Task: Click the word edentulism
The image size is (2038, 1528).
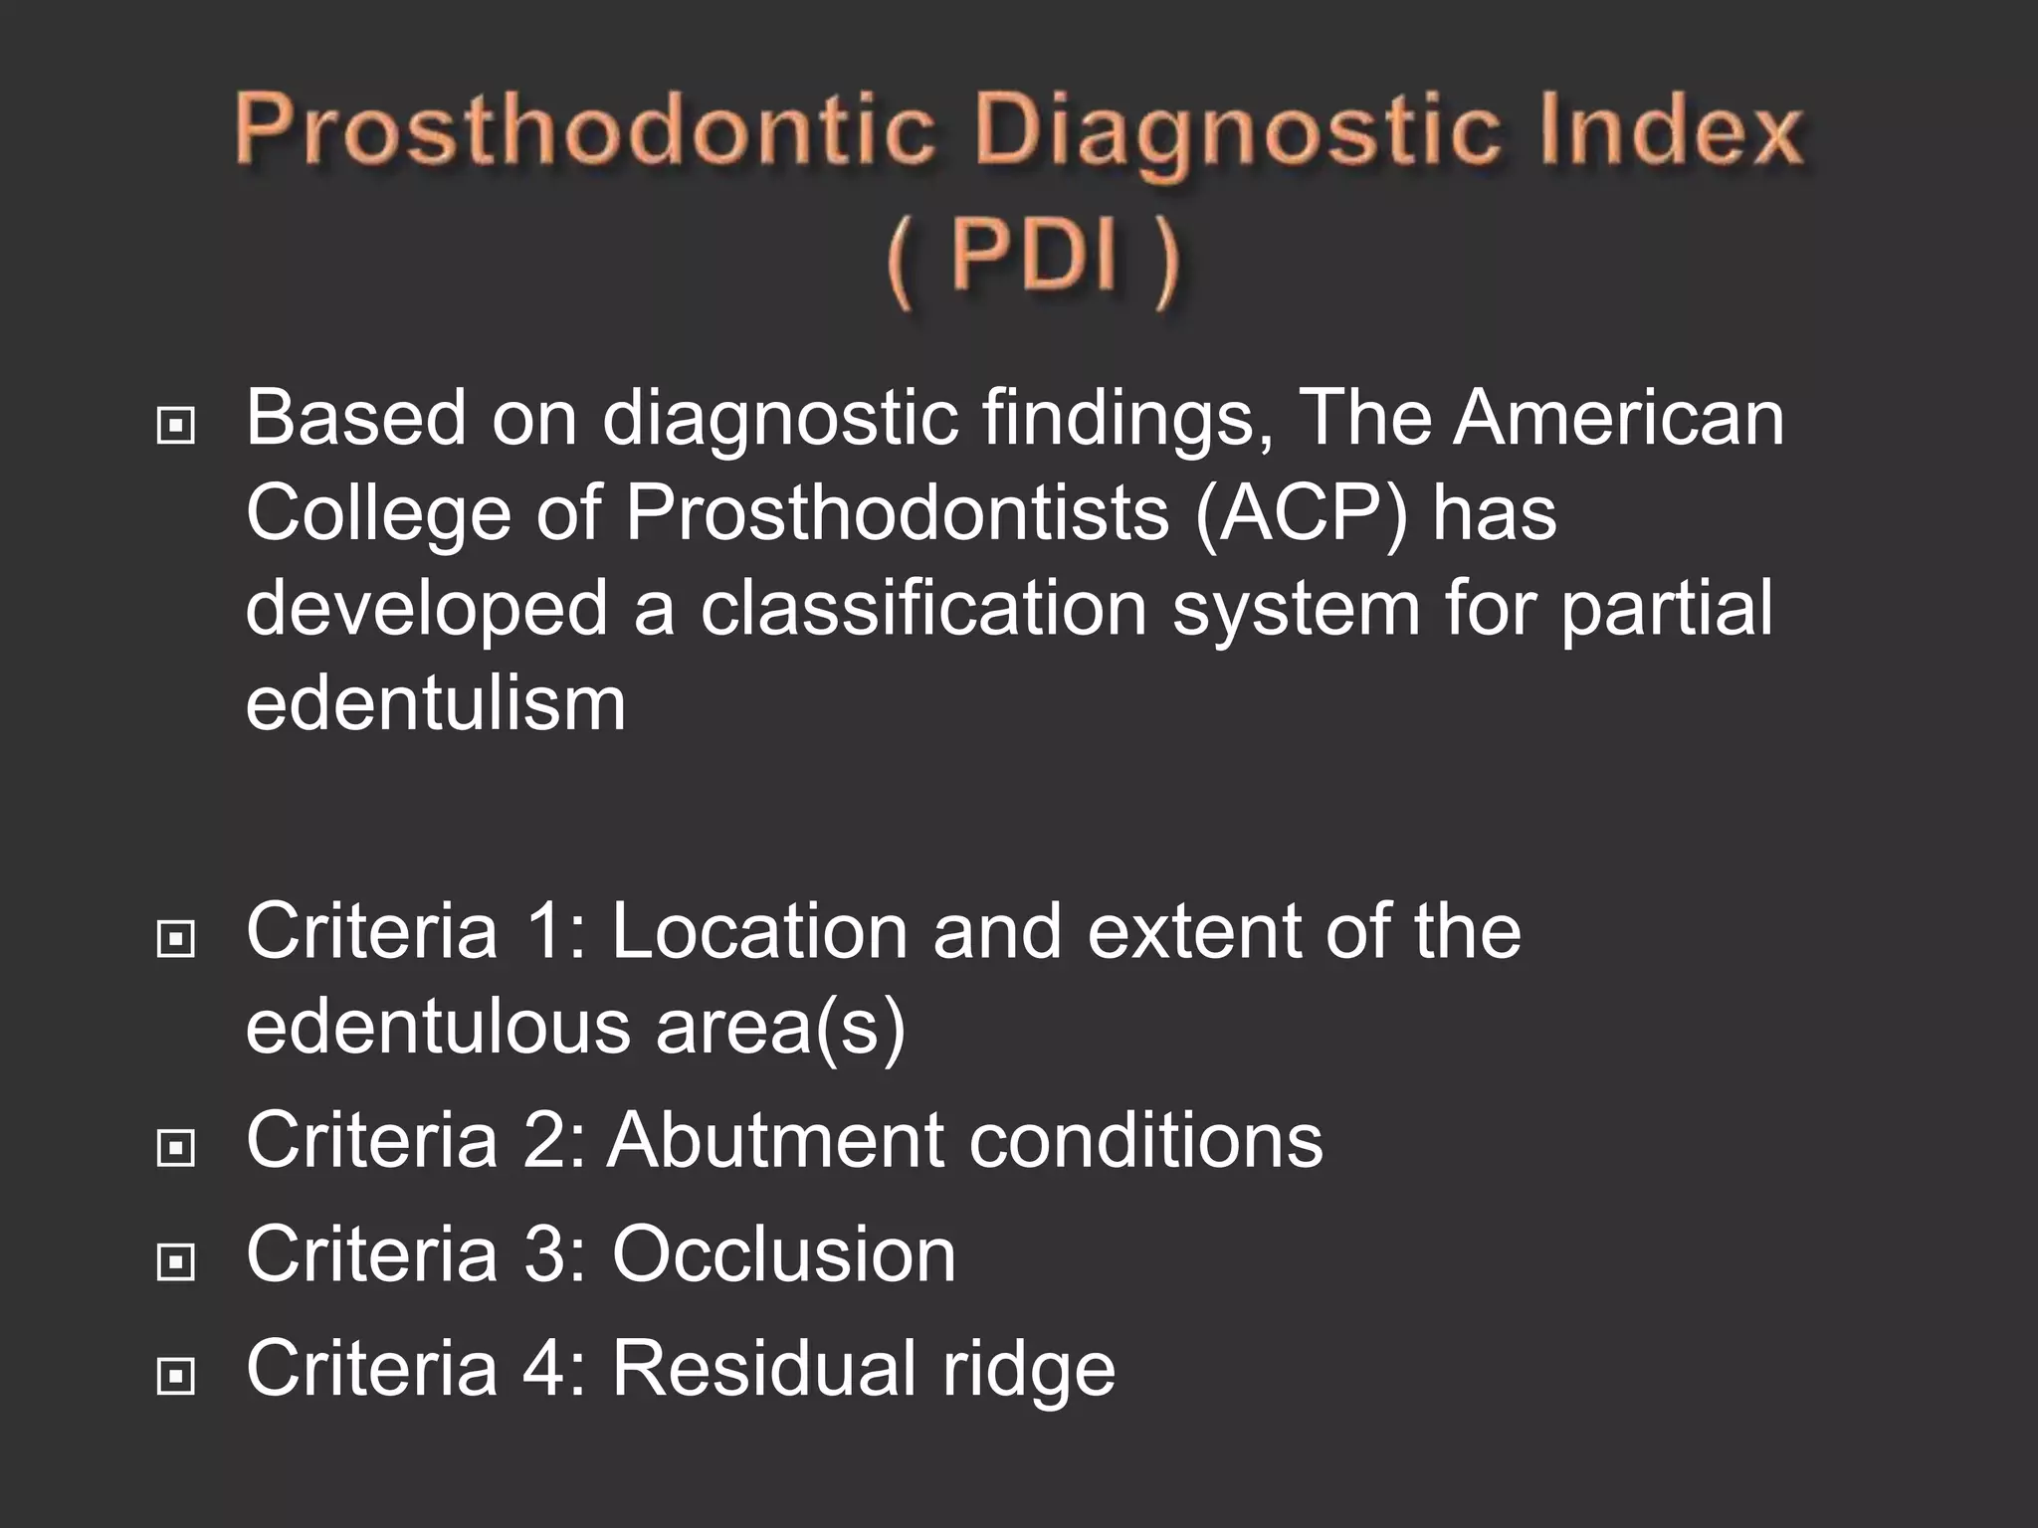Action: tap(436, 703)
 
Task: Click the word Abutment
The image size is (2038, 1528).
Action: tap(775, 1140)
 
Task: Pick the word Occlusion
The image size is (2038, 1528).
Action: tap(784, 1254)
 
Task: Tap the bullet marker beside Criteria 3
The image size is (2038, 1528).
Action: tap(176, 1262)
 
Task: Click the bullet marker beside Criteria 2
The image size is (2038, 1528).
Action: tap(176, 1149)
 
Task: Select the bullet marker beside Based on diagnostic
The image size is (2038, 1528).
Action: tap(176, 427)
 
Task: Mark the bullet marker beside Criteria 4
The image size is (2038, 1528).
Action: tap(176, 1377)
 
